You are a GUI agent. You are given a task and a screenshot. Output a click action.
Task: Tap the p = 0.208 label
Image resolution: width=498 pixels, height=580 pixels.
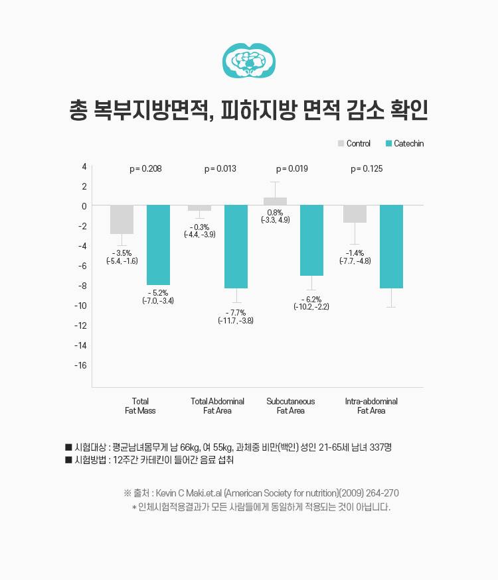click(145, 169)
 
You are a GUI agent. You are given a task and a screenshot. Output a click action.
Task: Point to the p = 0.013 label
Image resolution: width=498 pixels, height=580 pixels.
click(220, 169)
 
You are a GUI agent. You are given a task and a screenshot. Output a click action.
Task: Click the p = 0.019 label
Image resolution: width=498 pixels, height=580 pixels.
click(291, 169)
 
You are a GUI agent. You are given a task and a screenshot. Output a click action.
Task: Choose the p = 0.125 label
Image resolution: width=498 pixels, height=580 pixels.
click(367, 169)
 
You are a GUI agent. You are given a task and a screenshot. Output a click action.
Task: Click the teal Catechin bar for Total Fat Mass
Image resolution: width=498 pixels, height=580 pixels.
click(158, 245)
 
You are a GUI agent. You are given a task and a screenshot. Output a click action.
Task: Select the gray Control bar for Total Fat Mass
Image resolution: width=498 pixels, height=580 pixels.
click(122, 219)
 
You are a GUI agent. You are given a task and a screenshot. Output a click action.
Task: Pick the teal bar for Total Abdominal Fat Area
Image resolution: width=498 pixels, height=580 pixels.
click(236, 247)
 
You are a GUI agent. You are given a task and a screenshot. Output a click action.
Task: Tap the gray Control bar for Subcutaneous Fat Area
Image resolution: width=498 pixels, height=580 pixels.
click(275, 202)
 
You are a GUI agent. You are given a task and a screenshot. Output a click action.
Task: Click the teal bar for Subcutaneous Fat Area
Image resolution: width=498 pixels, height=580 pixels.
click(311, 240)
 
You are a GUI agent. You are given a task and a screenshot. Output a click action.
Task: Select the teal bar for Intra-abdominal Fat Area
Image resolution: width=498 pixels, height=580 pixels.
click(391, 247)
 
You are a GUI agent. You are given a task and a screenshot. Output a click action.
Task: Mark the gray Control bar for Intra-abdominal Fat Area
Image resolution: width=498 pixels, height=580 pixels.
click(355, 214)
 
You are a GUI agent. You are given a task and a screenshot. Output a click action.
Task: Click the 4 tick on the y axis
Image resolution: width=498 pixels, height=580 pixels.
click(84, 166)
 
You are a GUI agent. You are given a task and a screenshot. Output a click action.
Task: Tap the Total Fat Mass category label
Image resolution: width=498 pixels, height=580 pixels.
click(140, 406)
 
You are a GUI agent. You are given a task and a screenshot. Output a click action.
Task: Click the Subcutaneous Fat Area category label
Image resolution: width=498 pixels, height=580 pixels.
click(290, 406)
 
